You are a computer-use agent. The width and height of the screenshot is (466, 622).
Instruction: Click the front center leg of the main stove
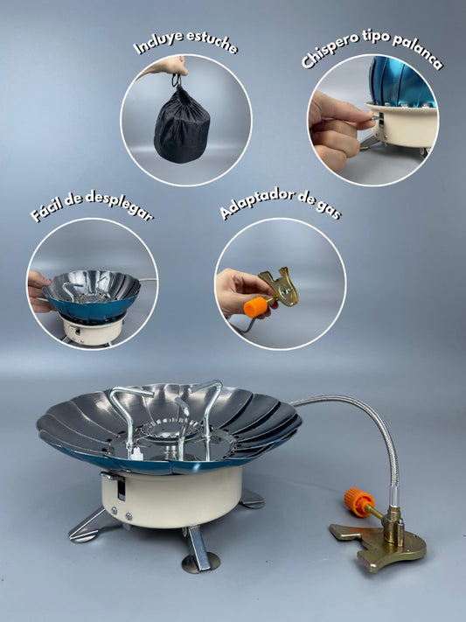(198, 552)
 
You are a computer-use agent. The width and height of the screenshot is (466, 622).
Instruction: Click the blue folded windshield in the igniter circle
(399, 83)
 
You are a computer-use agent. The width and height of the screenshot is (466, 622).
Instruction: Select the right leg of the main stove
(251, 499)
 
